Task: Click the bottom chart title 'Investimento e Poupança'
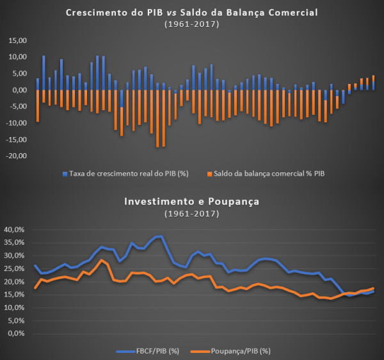[x=192, y=201]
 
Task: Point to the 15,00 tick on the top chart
[x=18, y=40]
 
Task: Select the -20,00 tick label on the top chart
[x=17, y=156]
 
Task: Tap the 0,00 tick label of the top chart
[x=20, y=90]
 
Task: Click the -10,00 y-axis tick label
[x=17, y=123]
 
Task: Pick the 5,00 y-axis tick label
[x=20, y=74]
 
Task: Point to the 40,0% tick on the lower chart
[x=13, y=229]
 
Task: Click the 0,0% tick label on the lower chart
[x=15, y=334]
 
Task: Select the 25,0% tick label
[x=13, y=268]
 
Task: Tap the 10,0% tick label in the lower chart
[x=13, y=307]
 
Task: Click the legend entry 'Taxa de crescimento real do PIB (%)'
[x=122, y=174]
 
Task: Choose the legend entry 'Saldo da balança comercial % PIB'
[x=265, y=174]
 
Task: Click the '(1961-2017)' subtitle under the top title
[x=192, y=24]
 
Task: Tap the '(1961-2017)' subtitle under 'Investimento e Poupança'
[x=192, y=212]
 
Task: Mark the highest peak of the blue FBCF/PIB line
[x=159, y=236]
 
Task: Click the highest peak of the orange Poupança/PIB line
[x=101, y=259]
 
